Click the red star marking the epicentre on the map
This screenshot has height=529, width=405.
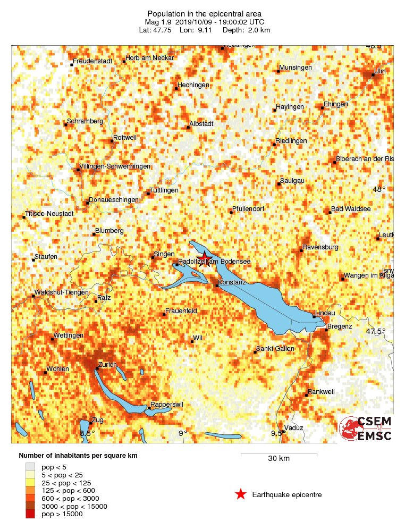(205, 256)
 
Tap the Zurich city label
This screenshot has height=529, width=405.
(107, 365)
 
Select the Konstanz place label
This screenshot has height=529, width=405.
(232, 281)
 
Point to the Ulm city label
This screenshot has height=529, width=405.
(380, 71)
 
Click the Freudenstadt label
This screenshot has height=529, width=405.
(92, 61)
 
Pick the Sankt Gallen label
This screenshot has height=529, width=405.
(275, 349)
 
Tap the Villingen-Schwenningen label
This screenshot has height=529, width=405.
(114, 166)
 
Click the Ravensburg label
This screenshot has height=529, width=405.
(320, 247)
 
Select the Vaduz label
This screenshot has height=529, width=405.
(293, 427)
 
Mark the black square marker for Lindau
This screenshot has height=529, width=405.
(314, 317)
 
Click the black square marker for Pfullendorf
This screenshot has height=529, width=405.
(231, 212)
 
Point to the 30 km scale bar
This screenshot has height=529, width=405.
(279, 454)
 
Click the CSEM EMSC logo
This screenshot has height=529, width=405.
(366, 429)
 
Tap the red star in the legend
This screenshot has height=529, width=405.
(241, 494)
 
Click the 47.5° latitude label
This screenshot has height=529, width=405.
(376, 331)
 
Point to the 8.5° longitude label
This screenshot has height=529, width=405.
(87, 433)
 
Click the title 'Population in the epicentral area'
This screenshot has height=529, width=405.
(205, 13)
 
